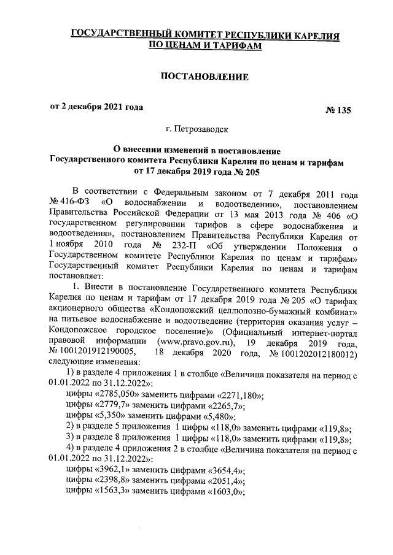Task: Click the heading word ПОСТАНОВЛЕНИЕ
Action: point(204,77)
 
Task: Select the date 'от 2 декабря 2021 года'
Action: point(96,107)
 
